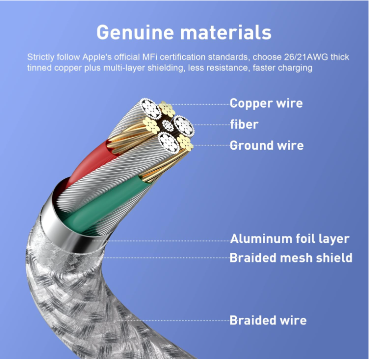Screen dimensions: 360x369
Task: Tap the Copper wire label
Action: click(x=266, y=104)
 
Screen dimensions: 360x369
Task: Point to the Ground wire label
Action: click(x=266, y=146)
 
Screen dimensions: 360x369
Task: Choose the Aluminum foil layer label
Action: click(x=289, y=239)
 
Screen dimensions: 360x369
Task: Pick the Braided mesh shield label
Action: click(x=291, y=258)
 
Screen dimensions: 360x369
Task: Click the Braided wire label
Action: click(x=268, y=320)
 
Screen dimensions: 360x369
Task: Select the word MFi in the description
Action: click(x=149, y=58)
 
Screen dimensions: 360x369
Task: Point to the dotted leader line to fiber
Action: click(x=210, y=124)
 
